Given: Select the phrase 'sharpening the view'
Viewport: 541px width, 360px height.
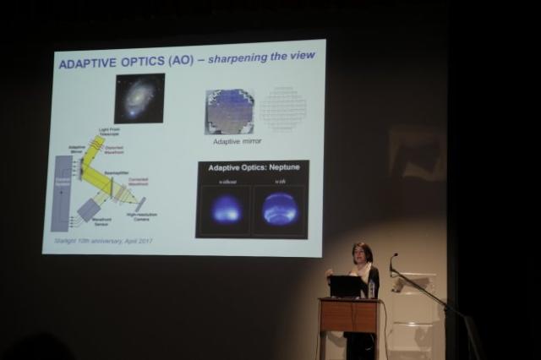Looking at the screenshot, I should click(266, 56).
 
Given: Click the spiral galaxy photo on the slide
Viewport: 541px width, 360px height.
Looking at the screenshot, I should click(139, 98).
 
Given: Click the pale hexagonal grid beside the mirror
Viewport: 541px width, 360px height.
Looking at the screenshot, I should click(283, 109).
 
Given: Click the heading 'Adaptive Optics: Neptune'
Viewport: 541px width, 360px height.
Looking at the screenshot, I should click(251, 168).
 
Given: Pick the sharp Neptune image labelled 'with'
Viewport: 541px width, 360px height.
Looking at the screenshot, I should click(280, 208).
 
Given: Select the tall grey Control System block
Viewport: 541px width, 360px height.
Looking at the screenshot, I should click(61, 193).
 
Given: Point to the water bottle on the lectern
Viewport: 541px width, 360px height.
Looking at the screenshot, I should click(371, 289).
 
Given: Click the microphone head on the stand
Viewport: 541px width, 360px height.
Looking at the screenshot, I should click(393, 256).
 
